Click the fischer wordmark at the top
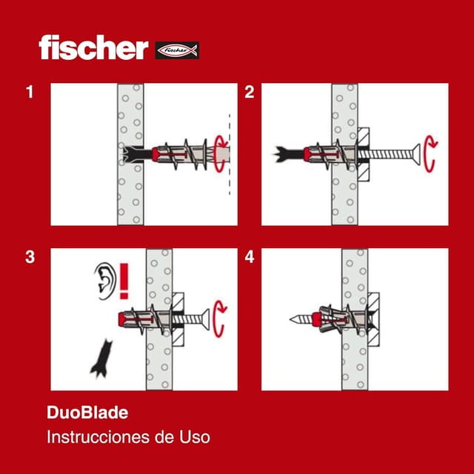click(93, 48)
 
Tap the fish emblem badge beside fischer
click(177, 51)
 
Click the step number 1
click(30, 93)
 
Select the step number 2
click(250, 93)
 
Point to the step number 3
click(30, 258)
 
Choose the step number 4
click(250, 258)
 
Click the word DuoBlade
click(82, 413)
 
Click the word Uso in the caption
click(195, 437)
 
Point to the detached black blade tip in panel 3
click(99, 357)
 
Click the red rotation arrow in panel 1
click(220, 154)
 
